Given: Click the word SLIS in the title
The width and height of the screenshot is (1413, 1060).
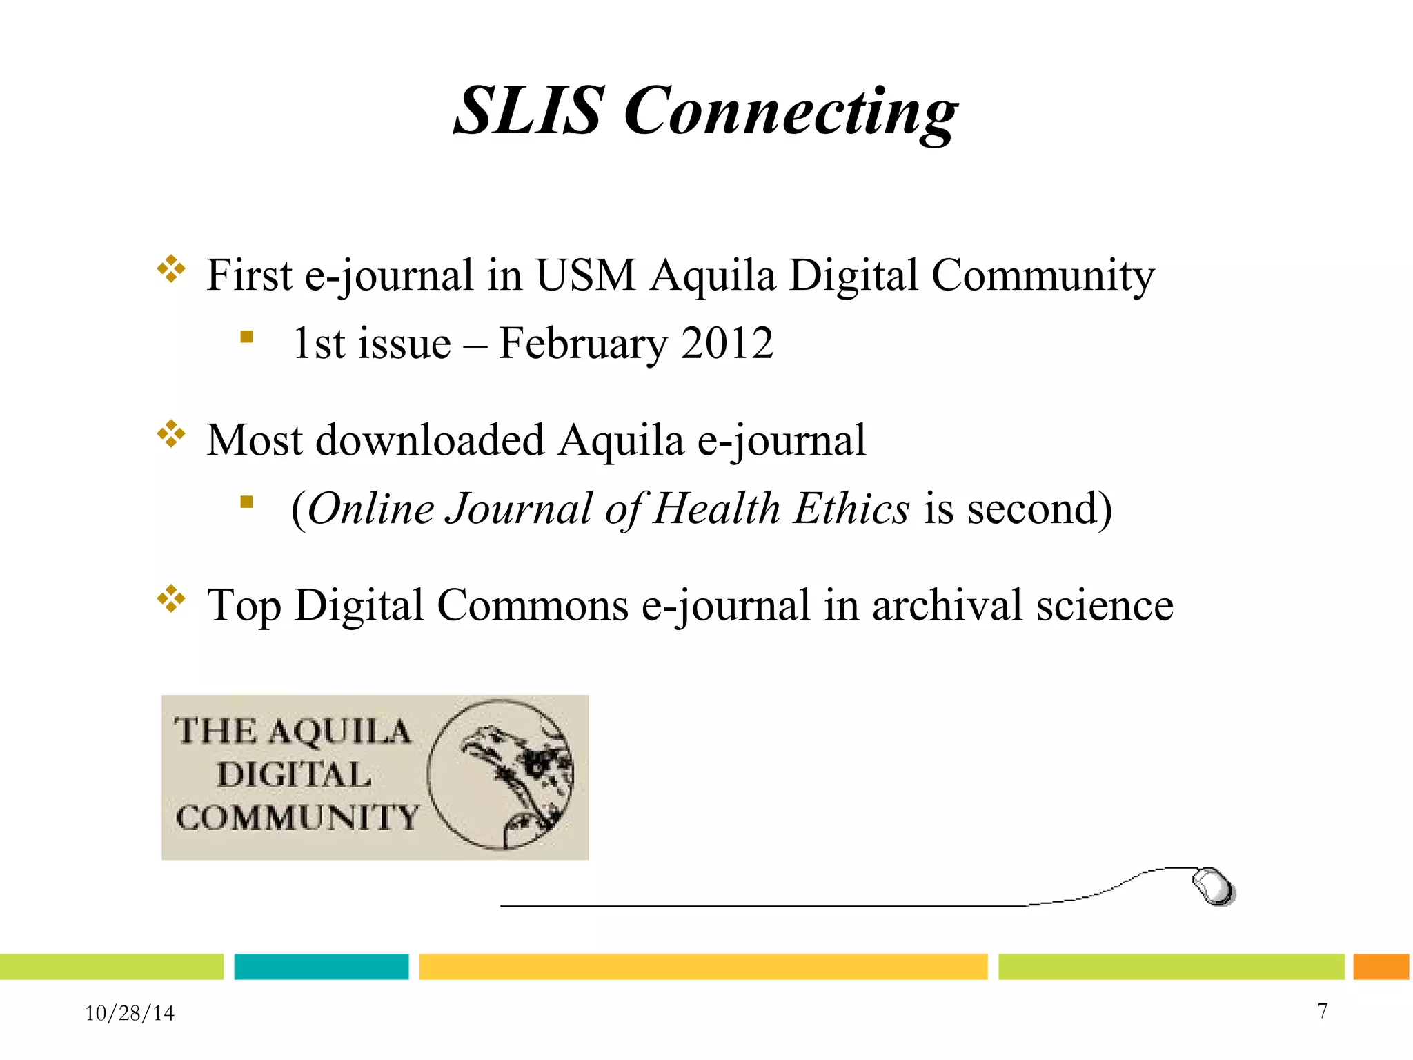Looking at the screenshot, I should pyautogui.click(x=527, y=110).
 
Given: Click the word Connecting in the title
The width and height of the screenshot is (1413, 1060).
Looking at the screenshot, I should pyautogui.click(x=791, y=112).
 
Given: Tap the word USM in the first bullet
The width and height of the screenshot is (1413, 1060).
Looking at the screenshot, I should pyautogui.click(x=585, y=275).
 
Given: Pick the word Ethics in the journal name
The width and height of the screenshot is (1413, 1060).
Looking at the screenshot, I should pyautogui.click(x=851, y=509).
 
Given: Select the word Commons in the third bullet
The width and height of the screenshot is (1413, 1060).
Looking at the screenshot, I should pyautogui.click(x=533, y=605).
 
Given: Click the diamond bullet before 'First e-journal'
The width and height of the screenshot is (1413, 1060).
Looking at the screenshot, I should pyautogui.click(x=171, y=269).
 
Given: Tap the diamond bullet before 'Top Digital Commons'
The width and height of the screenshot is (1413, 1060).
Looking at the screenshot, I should pyautogui.click(x=171, y=599).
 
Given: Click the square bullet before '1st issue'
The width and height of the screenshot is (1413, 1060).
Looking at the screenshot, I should pyautogui.click(x=246, y=337).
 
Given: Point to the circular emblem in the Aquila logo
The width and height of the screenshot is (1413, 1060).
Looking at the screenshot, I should pyautogui.click(x=501, y=774).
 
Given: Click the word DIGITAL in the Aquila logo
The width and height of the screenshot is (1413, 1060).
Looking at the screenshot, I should pyautogui.click(x=295, y=774).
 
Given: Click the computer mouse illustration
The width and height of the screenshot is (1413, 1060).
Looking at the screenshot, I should pyautogui.click(x=1214, y=887).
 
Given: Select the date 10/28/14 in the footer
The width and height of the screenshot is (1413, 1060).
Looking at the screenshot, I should pyautogui.click(x=130, y=1013).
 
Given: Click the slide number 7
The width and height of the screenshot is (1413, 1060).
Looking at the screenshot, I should pyautogui.click(x=1323, y=1011).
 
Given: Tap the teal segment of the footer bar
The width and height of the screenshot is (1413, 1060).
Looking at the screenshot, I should pyautogui.click(x=322, y=966).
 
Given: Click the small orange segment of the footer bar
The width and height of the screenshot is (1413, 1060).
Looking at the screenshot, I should pyautogui.click(x=1381, y=966).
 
